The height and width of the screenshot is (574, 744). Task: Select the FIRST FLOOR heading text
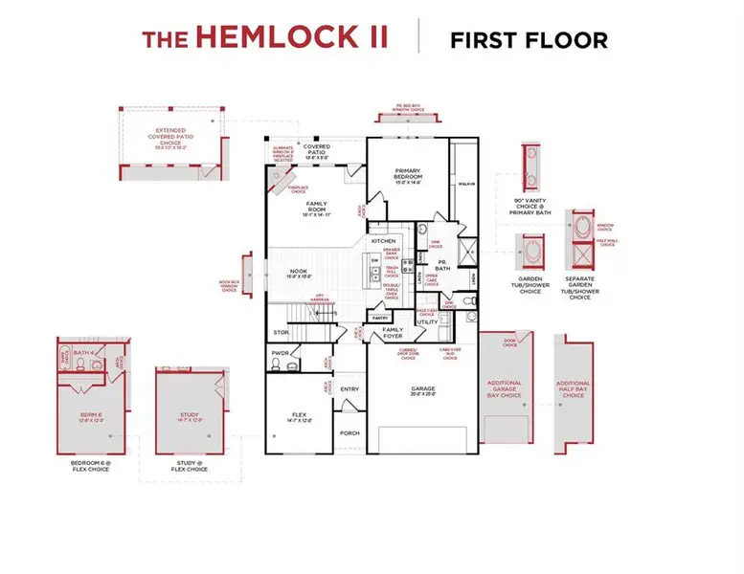pos(529,39)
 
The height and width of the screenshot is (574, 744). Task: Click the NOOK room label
pos(298,272)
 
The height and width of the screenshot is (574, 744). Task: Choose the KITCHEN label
pos(384,240)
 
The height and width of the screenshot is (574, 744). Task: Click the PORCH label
pos(349,432)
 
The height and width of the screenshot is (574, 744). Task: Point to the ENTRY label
pos(349,388)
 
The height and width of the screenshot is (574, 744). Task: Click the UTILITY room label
pos(427,322)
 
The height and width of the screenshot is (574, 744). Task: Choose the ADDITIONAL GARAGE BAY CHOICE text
pos(505,388)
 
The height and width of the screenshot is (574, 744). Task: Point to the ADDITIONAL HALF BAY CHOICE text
pos(574,388)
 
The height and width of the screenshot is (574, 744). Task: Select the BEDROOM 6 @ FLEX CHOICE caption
pos(90,466)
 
